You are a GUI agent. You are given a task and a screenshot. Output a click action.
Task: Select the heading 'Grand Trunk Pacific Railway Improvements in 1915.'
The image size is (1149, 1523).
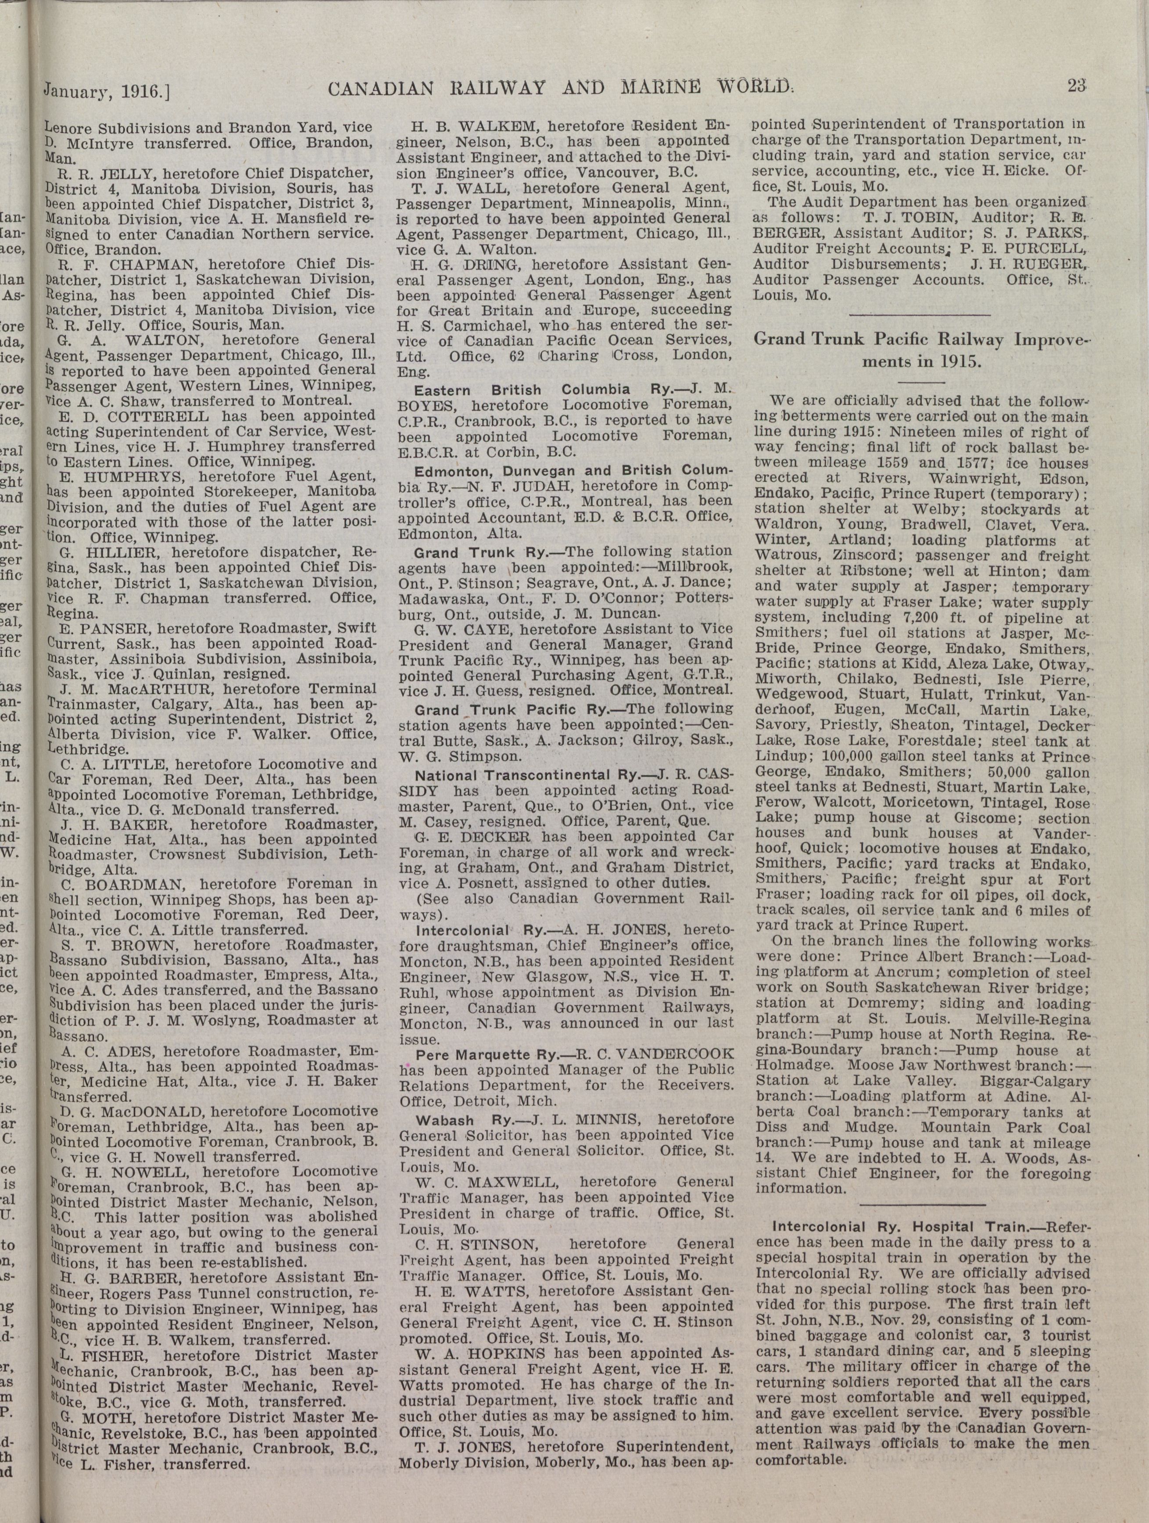point(922,350)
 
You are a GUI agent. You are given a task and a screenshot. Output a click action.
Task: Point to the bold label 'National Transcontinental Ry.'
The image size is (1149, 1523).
point(526,774)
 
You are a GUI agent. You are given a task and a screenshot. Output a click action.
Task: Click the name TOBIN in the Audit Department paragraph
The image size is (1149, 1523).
point(923,218)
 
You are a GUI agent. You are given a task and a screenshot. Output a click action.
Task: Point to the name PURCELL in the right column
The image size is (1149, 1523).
point(1043,249)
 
